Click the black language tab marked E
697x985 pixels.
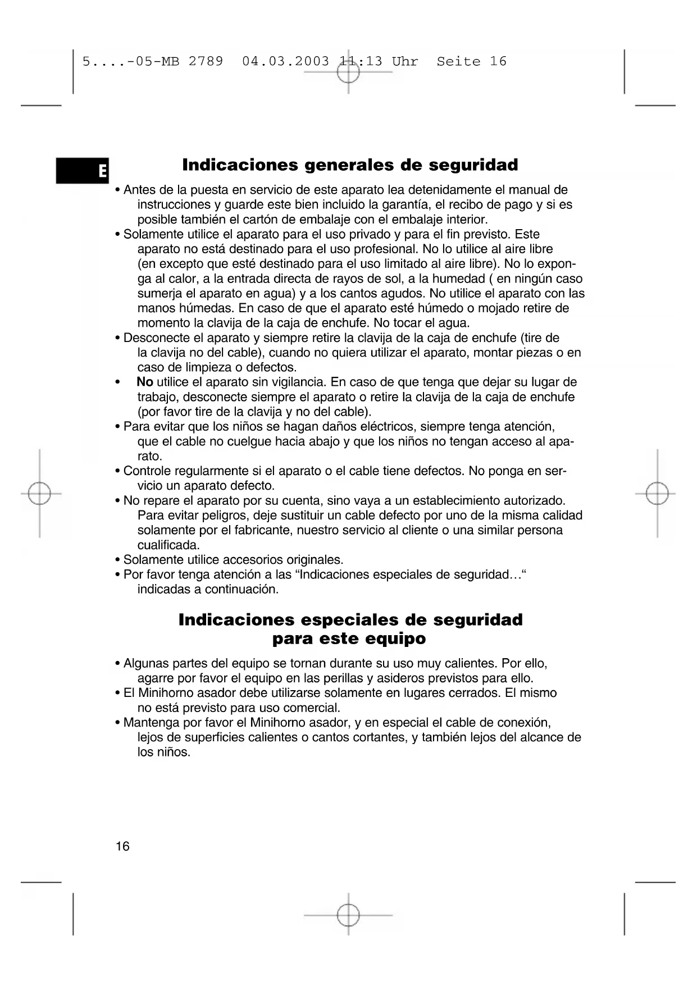point(83,171)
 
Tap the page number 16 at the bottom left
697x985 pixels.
point(122,846)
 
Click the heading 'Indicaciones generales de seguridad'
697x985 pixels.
point(350,165)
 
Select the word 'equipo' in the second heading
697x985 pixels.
point(395,639)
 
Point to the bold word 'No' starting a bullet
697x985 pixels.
point(145,382)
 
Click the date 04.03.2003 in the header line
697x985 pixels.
point(285,61)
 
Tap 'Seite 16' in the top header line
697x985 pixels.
point(471,61)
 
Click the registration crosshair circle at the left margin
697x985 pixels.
point(39,494)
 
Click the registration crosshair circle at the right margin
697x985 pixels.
point(657,494)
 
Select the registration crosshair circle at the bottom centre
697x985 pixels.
point(348,915)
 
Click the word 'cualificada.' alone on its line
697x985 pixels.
point(168,545)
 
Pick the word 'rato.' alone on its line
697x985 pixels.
point(150,457)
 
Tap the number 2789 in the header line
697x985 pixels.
point(206,61)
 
